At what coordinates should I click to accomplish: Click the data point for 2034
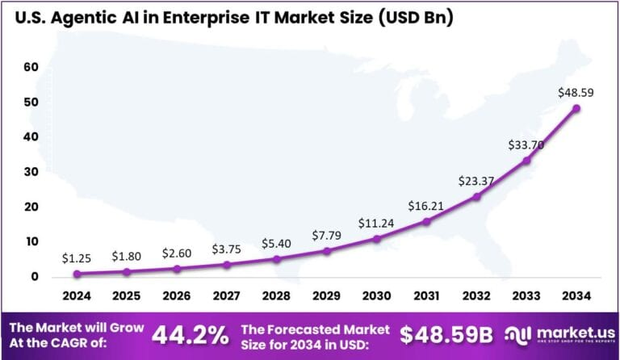576,107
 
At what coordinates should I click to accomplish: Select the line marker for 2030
377,239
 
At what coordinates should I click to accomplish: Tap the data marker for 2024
77,274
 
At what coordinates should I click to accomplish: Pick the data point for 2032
476,196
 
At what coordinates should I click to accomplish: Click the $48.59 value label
576,93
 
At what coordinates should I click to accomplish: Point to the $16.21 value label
427,206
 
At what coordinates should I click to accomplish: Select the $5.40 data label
277,244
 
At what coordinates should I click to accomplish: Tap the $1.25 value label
77,258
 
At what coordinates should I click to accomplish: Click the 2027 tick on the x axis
227,296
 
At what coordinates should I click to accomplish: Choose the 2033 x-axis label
526,296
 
